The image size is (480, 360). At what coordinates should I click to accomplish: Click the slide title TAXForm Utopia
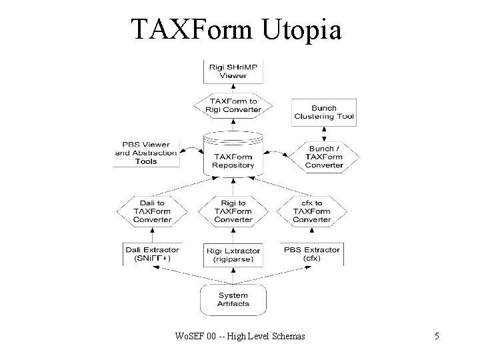[x=237, y=29]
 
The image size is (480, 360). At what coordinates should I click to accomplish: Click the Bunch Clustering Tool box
[x=324, y=112]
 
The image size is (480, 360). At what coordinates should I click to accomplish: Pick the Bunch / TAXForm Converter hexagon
[x=324, y=157]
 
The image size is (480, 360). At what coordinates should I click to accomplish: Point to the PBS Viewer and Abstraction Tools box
[x=146, y=153]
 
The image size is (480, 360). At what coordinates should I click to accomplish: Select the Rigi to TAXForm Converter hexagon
[x=233, y=211]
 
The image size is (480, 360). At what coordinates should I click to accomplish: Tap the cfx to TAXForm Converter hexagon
[x=312, y=211]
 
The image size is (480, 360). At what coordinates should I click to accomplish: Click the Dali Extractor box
[x=152, y=254]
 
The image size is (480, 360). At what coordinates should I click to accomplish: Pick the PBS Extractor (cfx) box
[x=312, y=254]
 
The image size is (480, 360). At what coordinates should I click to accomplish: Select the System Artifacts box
[x=233, y=299]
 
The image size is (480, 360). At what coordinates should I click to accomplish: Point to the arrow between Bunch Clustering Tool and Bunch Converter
[x=324, y=132]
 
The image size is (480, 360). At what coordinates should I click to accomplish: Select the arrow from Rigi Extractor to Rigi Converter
[x=233, y=234]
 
